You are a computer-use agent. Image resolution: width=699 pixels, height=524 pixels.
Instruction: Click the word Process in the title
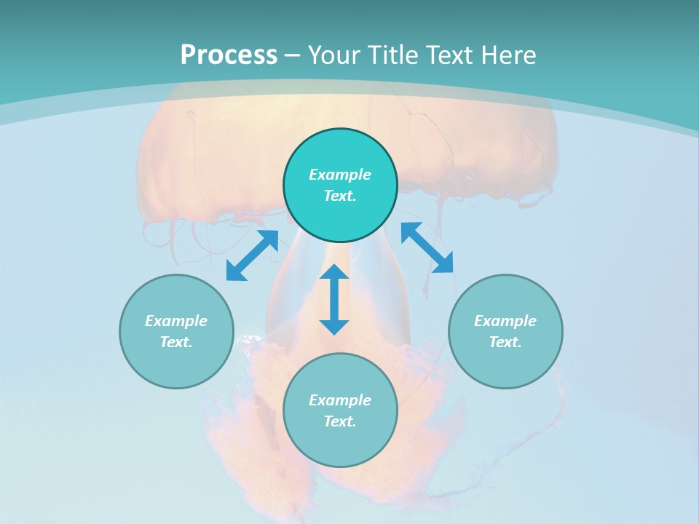point(229,55)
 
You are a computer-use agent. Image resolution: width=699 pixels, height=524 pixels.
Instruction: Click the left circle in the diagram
point(176,331)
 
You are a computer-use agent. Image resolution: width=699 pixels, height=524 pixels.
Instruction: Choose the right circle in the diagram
point(505,331)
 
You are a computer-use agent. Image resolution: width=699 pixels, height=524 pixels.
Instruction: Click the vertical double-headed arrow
point(334,299)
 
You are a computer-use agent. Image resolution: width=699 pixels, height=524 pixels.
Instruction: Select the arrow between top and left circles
point(252,255)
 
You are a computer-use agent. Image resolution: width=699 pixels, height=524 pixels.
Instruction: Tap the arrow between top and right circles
point(427,247)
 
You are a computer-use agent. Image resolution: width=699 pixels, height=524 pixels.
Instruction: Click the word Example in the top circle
point(340,175)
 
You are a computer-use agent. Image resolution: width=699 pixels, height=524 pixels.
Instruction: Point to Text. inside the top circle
point(340,196)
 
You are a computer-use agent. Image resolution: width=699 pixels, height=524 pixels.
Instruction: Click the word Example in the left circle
point(176,321)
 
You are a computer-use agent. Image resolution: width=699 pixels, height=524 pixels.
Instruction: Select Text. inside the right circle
point(505,342)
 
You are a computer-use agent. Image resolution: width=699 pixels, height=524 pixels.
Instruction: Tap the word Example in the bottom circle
point(340,400)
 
